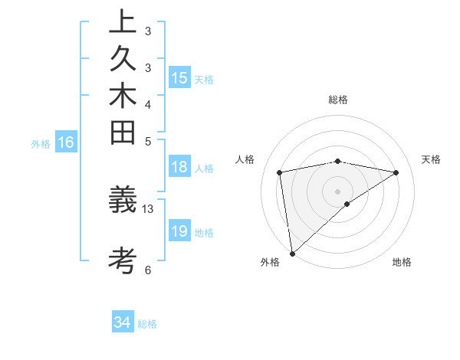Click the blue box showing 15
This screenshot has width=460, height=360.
179,78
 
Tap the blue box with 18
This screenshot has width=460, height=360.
179,168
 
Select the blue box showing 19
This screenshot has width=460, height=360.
179,231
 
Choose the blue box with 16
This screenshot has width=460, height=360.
67,142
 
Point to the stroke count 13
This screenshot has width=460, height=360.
148,208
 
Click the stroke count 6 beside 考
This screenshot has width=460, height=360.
148,269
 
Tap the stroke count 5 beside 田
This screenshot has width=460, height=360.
148,140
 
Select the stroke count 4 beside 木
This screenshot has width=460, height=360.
148,103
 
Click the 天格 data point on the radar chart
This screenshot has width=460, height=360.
396,172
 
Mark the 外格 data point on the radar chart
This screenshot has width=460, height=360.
292,253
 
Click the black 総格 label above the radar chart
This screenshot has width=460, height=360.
338,100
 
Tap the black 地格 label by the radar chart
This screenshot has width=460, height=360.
402,262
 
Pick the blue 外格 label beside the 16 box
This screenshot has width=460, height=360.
41,142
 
